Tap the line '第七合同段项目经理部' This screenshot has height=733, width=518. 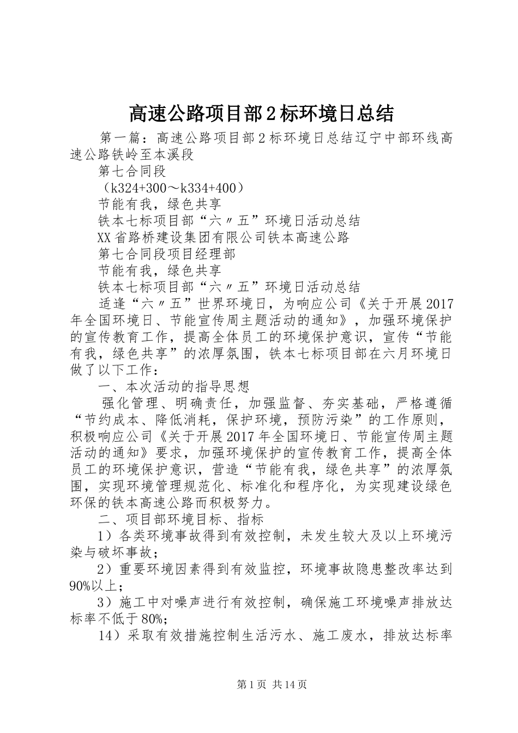click(x=166, y=254)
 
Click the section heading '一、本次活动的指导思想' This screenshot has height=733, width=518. click(x=173, y=387)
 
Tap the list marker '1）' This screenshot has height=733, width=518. click(x=105, y=536)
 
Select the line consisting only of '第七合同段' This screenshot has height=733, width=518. click(x=132, y=172)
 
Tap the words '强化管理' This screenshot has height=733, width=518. click(x=128, y=404)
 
